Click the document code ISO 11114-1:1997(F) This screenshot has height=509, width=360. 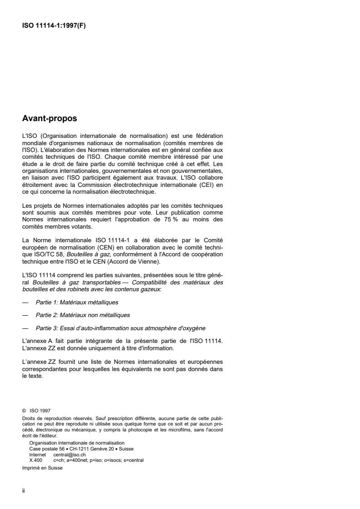(54, 26)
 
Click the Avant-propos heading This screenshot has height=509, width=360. (49, 119)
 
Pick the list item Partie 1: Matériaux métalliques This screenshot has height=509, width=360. (77, 302)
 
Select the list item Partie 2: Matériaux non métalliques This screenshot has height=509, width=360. (83, 314)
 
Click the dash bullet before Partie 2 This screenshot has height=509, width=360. (25, 314)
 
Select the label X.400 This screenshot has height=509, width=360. (36, 460)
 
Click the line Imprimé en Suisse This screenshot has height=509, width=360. (42, 469)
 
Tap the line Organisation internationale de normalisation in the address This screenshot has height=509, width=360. (77, 443)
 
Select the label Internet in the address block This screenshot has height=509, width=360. (38, 454)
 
